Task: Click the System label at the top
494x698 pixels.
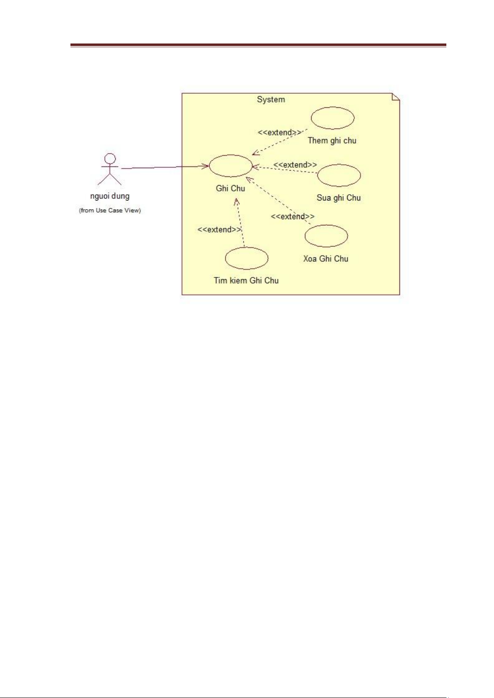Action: click(x=271, y=99)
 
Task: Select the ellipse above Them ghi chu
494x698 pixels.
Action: click(x=332, y=118)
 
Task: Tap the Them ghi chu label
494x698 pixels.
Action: click(x=332, y=140)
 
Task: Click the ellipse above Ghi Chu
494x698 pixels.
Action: click(x=230, y=166)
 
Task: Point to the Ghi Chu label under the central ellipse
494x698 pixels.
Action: click(x=230, y=188)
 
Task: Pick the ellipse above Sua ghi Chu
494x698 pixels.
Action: click(x=339, y=175)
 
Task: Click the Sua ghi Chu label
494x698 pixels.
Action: click(x=339, y=198)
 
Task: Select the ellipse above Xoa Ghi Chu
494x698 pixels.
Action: click(x=326, y=236)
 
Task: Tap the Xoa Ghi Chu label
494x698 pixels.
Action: click(x=326, y=258)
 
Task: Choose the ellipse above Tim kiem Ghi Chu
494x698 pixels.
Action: click(x=247, y=258)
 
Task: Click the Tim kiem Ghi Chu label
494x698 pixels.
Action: click(x=246, y=280)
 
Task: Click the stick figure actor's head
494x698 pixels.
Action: click(x=110, y=159)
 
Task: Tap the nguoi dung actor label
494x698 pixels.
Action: click(x=110, y=196)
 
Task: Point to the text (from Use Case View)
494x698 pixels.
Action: click(x=110, y=210)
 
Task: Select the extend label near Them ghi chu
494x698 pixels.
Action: click(x=280, y=133)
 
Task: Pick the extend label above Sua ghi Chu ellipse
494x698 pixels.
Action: click(x=295, y=165)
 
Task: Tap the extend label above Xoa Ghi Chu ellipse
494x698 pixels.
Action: click(x=293, y=216)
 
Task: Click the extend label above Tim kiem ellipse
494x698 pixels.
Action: click(x=219, y=229)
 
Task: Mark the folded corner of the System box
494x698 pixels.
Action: click(x=396, y=97)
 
